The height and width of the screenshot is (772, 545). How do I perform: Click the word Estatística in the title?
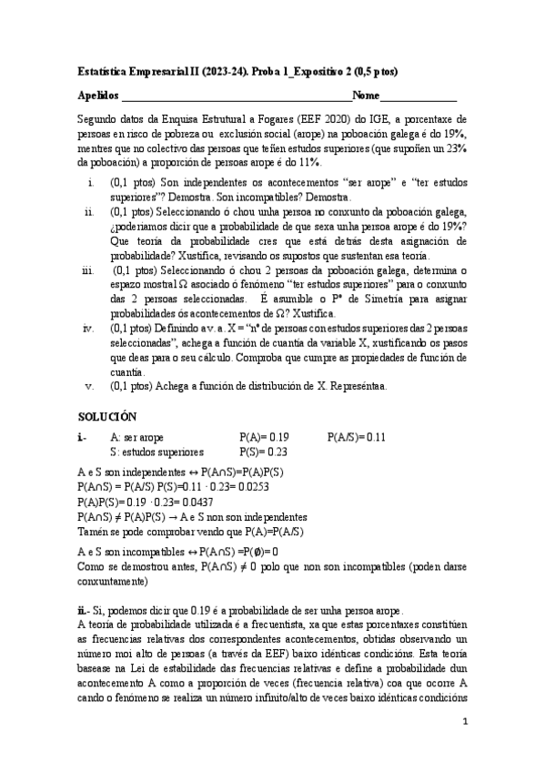(102, 71)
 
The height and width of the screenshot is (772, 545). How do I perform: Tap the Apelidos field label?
(98, 96)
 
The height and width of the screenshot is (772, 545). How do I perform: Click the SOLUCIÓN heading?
(107, 415)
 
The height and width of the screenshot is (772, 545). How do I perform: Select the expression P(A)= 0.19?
(264, 437)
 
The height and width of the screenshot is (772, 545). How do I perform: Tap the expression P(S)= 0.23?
(263, 452)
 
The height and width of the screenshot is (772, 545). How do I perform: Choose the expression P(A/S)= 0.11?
(357, 437)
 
